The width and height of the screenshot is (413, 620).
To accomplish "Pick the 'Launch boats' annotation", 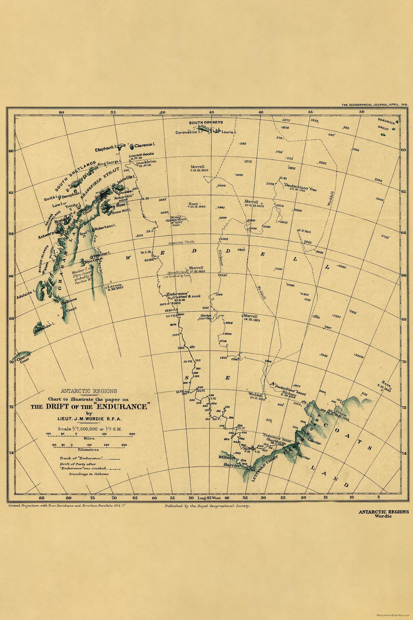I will coord(141,154).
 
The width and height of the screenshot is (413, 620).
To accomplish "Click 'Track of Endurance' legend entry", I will coord(89,458).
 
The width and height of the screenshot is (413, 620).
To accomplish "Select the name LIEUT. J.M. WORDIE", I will coord(89,418).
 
